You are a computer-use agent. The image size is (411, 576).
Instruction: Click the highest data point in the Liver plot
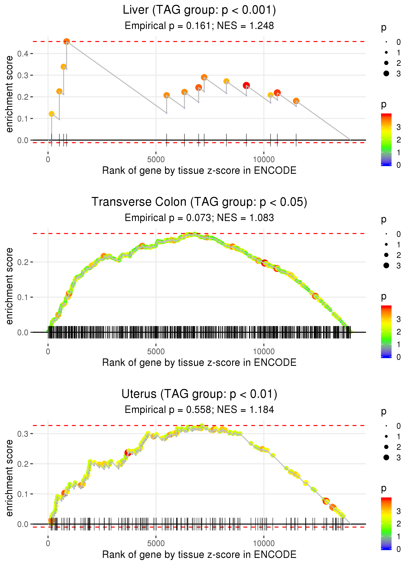(67, 41)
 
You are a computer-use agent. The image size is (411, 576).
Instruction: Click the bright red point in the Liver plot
(246, 86)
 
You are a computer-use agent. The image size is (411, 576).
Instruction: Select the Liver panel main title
(199, 10)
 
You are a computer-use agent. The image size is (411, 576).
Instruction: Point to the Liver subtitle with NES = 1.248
(199, 26)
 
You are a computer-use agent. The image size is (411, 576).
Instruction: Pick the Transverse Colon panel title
(199, 202)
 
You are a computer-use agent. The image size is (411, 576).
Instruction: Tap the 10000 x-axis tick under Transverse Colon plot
(264, 351)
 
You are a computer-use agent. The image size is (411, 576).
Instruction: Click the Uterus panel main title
(199, 394)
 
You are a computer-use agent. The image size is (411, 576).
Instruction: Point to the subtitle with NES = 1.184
(199, 410)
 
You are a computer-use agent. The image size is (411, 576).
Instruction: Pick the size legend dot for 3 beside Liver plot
(386, 73)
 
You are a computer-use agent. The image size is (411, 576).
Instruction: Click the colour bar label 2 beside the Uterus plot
(399, 524)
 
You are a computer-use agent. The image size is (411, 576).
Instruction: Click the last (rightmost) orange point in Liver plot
(296, 101)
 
